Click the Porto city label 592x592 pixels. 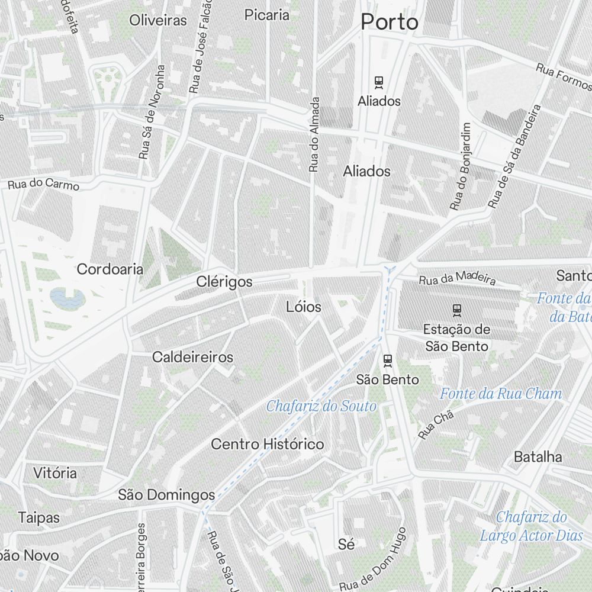[390, 22]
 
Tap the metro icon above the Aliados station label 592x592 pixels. [379, 82]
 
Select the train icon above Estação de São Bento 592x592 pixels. [456, 308]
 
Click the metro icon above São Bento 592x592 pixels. [388, 359]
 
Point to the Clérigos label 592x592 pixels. [224, 282]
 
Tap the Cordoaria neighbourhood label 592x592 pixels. [110, 269]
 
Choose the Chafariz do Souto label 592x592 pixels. [321, 406]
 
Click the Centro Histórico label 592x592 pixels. [268, 444]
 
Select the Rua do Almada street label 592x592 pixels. [314, 134]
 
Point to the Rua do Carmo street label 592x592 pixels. [44, 184]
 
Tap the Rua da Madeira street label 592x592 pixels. [457, 279]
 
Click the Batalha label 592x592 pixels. [538, 456]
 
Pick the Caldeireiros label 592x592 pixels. [192, 357]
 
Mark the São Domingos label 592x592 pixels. [166, 494]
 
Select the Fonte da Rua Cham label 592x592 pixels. [501, 393]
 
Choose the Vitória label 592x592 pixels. [55, 473]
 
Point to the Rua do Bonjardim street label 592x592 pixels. [460, 166]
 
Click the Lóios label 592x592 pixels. [304, 307]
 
